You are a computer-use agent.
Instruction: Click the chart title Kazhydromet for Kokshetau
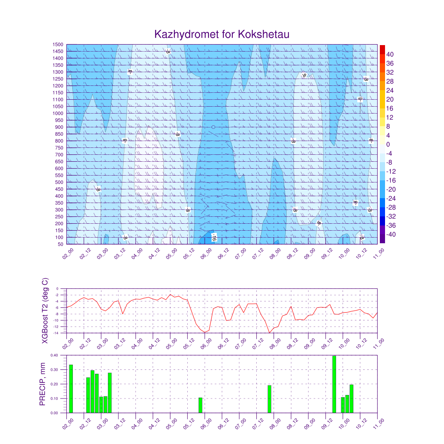tap(222, 34)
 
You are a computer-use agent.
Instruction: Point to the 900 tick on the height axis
tap(59, 127)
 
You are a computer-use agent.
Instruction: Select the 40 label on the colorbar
tap(390, 54)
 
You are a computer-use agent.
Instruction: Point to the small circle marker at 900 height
tap(213, 127)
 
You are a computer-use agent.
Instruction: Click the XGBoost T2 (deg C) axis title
tap(45, 311)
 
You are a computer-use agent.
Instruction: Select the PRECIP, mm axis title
tap(42, 384)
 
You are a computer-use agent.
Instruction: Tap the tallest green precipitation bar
tap(334, 384)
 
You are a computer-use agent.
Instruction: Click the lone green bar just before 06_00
tap(200, 405)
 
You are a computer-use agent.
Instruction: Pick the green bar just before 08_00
tap(269, 399)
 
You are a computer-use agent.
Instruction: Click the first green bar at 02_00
tap(71, 388)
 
